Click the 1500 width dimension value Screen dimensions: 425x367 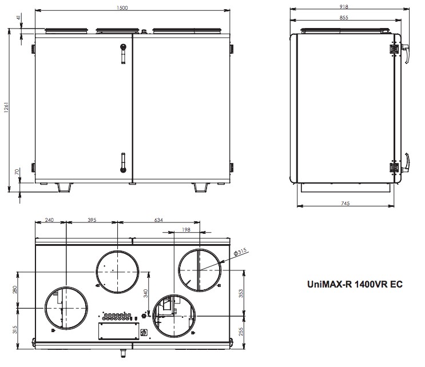point(122,7)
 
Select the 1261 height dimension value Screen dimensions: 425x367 point(6,107)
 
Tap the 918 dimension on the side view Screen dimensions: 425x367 point(344,6)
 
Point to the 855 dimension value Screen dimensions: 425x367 point(344,17)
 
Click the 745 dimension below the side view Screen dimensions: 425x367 point(345,203)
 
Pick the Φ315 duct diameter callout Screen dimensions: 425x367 point(240,252)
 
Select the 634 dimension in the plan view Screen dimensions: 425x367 point(158,220)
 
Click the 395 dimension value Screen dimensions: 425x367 point(92,220)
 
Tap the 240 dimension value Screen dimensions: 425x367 point(49,220)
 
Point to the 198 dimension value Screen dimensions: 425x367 point(186,230)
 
